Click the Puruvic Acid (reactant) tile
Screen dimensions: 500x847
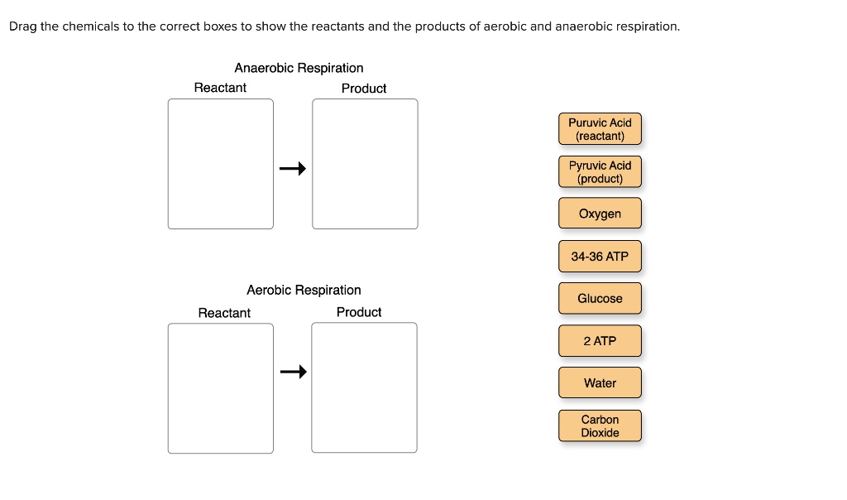(600, 129)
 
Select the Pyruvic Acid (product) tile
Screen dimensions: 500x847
(600, 171)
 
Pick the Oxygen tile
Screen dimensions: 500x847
(600, 214)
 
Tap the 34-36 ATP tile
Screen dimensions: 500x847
(600, 257)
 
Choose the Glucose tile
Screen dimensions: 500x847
(600, 298)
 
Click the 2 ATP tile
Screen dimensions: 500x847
(600, 341)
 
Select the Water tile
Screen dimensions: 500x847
(600, 382)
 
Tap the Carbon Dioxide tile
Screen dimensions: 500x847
(600, 425)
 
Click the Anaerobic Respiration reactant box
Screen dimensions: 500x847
(220, 164)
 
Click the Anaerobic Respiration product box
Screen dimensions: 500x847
(365, 164)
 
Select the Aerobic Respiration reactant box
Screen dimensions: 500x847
(220, 388)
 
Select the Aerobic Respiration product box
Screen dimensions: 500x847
(364, 387)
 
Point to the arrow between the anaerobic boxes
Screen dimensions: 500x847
(292, 169)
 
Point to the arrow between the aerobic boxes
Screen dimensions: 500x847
(292, 373)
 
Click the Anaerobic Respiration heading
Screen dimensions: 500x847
(299, 68)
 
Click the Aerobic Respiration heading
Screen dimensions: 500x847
(304, 290)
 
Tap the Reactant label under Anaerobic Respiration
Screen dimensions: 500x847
(220, 88)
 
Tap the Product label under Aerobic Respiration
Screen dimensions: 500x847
(359, 312)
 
